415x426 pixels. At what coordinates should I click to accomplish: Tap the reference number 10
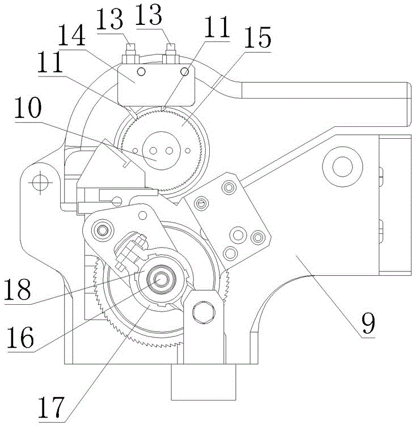click(x=28, y=108)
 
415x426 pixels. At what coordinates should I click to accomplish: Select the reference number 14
click(x=72, y=35)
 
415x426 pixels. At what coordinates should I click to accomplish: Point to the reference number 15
click(x=257, y=37)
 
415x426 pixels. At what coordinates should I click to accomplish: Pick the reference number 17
click(x=51, y=407)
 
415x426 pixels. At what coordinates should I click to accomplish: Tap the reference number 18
click(x=18, y=289)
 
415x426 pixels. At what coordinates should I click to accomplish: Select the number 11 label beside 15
click(x=217, y=27)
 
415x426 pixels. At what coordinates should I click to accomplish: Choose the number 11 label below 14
click(x=50, y=62)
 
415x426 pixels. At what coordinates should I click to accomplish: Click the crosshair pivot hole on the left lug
click(x=40, y=182)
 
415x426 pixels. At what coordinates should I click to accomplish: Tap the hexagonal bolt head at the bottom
click(x=204, y=312)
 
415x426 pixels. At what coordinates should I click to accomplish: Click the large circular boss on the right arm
click(x=342, y=167)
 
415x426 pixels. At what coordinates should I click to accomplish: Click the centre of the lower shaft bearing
click(x=161, y=279)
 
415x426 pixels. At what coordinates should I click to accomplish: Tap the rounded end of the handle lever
click(x=408, y=104)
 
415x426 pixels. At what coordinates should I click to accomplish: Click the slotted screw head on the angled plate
click(x=201, y=203)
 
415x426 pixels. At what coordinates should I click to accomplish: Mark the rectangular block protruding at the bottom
click(x=204, y=382)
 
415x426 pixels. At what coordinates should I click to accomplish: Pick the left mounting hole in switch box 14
click(x=141, y=72)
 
